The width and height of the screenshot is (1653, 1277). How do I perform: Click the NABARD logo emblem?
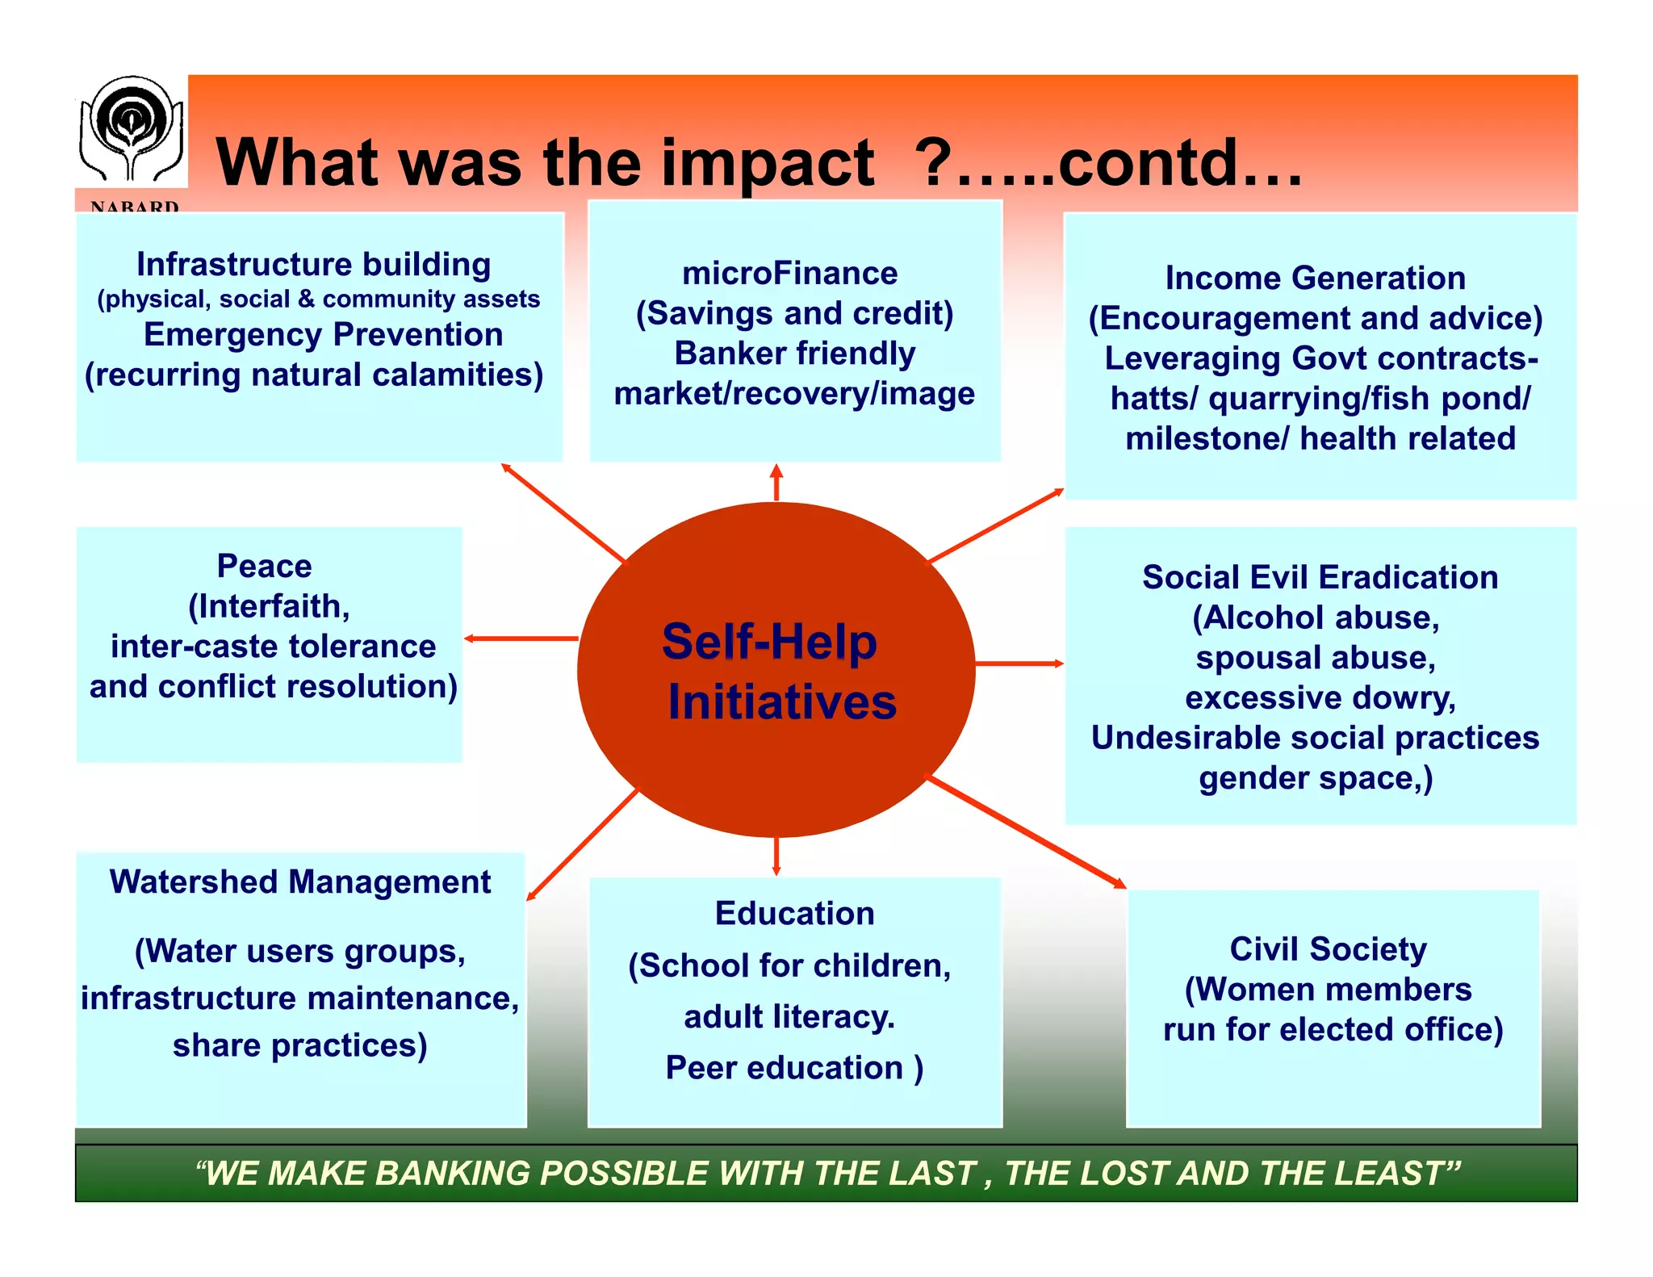click(131, 129)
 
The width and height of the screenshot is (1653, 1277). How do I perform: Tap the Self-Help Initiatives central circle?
click(776, 670)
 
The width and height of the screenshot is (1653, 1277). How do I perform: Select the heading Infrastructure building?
click(313, 264)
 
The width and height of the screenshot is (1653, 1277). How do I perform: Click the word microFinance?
click(789, 274)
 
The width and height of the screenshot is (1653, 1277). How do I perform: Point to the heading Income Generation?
click(1315, 278)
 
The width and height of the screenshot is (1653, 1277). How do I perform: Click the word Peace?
click(264, 566)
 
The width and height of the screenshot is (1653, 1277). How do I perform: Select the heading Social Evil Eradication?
click(1320, 577)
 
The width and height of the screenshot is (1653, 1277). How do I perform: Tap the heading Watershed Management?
click(300, 881)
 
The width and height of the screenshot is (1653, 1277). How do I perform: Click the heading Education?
click(794, 914)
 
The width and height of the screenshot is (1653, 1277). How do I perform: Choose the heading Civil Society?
click(1328, 949)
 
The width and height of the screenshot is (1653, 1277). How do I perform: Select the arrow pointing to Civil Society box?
click(1025, 832)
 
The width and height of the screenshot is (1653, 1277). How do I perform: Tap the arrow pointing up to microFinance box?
click(776, 482)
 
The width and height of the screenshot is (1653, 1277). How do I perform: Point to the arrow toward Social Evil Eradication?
click(1019, 664)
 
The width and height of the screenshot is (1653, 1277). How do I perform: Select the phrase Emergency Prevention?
click(323, 334)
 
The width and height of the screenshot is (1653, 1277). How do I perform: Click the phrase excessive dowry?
click(1320, 697)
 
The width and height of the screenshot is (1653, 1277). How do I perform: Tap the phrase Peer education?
click(783, 1068)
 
